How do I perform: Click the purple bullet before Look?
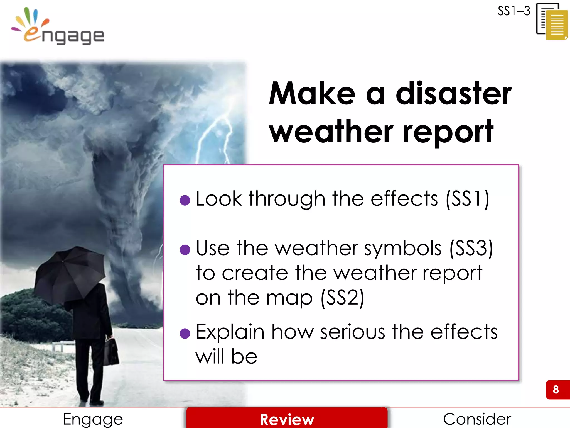coord(185,200)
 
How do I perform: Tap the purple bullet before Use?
coord(185,250)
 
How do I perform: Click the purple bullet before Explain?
coord(185,333)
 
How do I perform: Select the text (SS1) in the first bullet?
coord(467,199)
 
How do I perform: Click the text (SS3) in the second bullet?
coord(471,248)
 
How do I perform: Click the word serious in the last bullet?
coord(353,332)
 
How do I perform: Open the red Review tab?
coord(287,419)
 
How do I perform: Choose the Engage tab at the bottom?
coord(93,419)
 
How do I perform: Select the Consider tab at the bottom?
coord(477,419)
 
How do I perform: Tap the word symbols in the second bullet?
coord(403,248)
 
